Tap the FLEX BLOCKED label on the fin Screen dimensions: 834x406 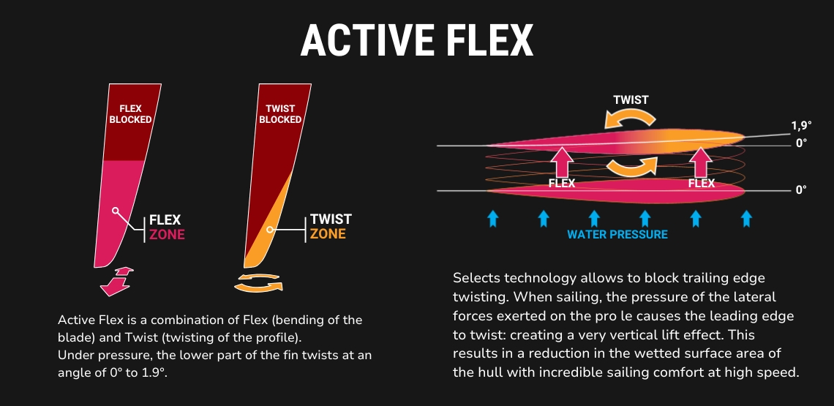coord(130,114)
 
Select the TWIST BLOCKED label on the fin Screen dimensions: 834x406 coord(280,114)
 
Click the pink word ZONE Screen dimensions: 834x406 coord(167,234)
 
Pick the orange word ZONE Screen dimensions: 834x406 coord(328,233)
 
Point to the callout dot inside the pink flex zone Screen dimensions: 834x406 coord(115,211)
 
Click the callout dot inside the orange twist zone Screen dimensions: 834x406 coord(270,230)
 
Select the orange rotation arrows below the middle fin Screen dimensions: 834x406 coord(258,282)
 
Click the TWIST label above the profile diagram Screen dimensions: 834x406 coord(631,100)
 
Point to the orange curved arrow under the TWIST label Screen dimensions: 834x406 coord(631,118)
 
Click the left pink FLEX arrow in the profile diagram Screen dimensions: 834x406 coord(562,162)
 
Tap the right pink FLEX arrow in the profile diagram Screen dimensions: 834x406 coord(702,162)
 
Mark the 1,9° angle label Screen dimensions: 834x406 coord(802,126)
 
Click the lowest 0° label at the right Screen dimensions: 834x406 coord(801,190)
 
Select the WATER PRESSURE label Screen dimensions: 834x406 coord(617,234)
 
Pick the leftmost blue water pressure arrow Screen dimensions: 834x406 coord(492,218)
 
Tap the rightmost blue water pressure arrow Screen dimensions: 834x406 coord(746,218)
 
